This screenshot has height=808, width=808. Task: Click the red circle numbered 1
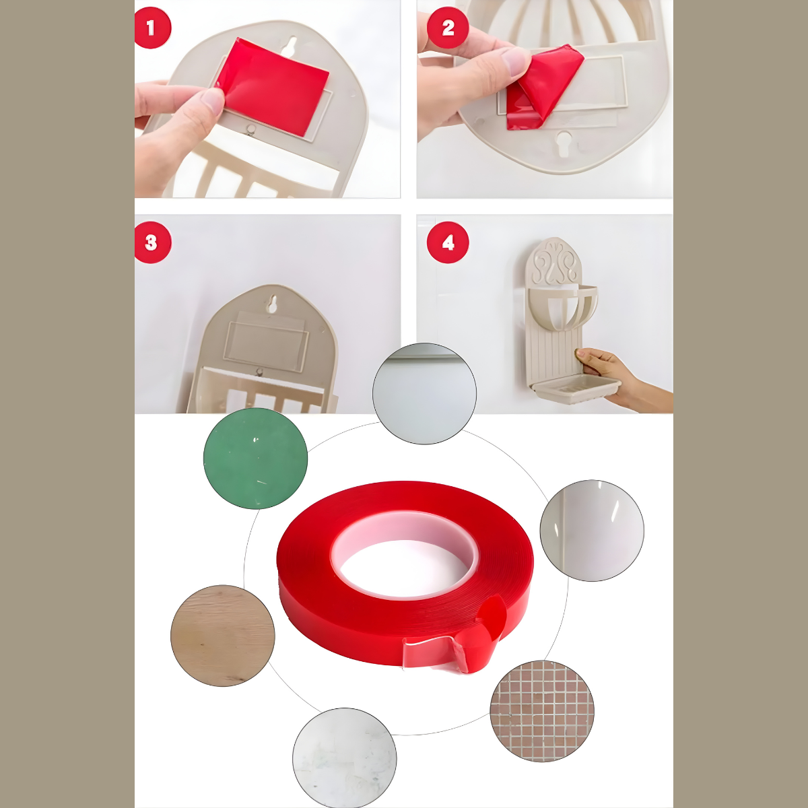152,28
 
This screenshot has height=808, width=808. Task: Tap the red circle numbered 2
447,28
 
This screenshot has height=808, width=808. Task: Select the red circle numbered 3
152,242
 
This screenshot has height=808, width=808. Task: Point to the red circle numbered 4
447,242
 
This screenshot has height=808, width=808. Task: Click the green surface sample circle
255,459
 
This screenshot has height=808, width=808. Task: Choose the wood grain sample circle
223,636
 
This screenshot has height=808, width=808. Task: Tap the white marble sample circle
344,759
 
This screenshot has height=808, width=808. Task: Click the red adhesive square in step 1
273,86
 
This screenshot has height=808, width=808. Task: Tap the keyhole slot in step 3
273,303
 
